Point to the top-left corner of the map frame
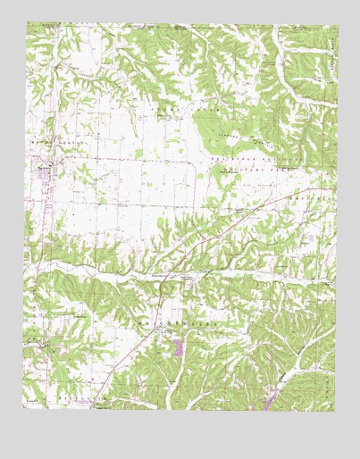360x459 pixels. (x=24, y=24)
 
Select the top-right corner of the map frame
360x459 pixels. (x=336, y=24)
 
